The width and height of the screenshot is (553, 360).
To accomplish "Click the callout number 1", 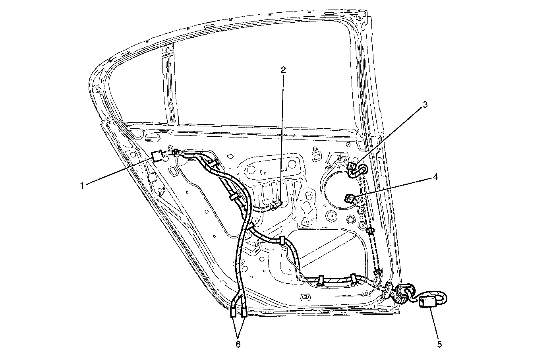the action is tap(82, 185).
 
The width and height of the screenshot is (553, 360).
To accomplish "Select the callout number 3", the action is tap(425, 105).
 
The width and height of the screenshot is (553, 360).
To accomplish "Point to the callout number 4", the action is tap(435, 177).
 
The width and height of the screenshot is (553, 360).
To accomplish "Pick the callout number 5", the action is tap(439, 344).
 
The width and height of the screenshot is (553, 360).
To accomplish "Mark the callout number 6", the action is tap(238, 344).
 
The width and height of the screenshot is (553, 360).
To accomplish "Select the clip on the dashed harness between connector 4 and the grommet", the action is tap(371, 232).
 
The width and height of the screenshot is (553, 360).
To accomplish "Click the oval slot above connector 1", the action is tap(151, 138).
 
